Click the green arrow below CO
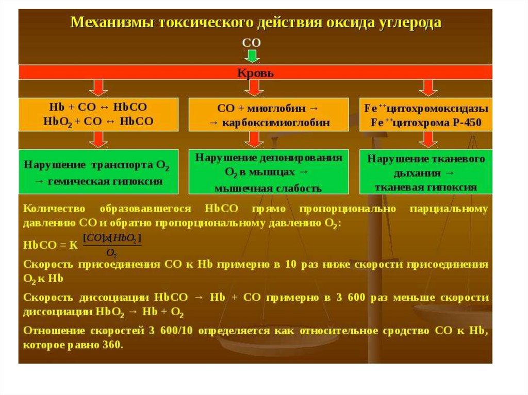click(252, 55)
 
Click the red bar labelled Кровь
click(255, 73)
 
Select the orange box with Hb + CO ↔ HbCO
click(99, 114)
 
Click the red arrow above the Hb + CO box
click(100, 88)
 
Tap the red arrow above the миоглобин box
click(253, 88)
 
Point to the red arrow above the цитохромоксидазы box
click(427, 88)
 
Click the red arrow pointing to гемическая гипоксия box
click(100, 139)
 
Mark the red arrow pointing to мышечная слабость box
click(253, 139)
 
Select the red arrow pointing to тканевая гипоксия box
click(427, 139)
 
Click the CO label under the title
click(252, 41)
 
